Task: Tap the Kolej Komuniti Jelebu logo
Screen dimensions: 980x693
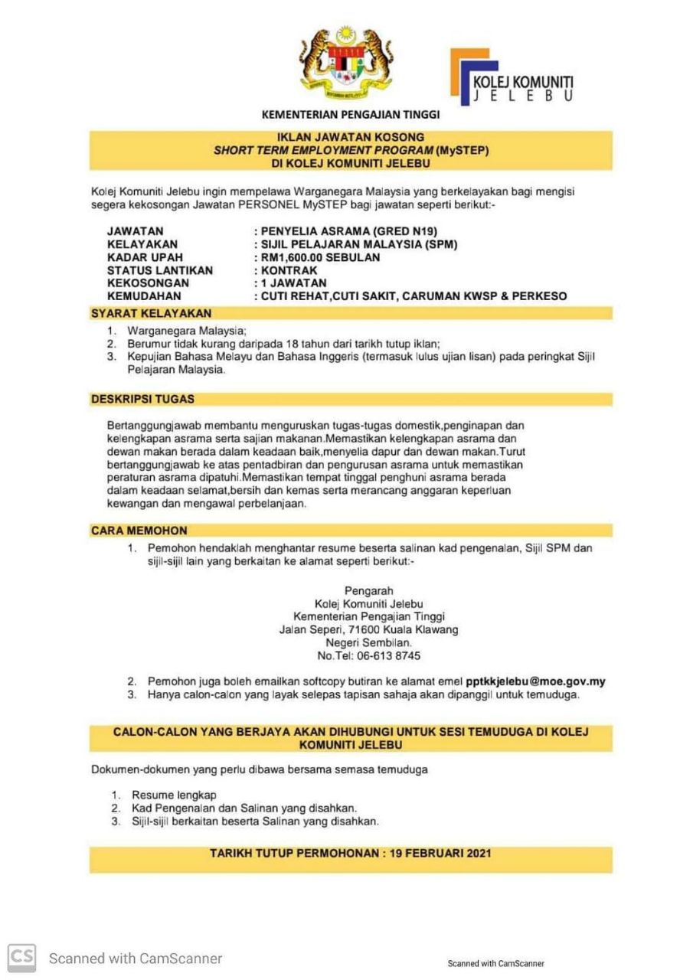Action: point(511,77)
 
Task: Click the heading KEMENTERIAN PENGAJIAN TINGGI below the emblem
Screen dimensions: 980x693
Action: point(351,115)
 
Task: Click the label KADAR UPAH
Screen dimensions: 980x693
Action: point(145,257)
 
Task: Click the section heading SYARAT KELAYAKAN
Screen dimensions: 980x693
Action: point(152,313)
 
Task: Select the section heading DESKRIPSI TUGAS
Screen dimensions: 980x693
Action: point(143,399)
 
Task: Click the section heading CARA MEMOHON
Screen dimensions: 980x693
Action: point(139,530)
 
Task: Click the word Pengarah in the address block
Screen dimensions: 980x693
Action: point(369,591)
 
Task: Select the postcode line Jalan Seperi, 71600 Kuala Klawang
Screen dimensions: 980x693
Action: point(369,630)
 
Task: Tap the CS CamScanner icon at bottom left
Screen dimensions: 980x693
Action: point(22,957)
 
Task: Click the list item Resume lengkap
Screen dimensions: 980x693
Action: point(174,795)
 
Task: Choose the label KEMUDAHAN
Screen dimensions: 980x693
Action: point(145,296)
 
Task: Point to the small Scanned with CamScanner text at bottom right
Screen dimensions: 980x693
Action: point(495,964)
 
